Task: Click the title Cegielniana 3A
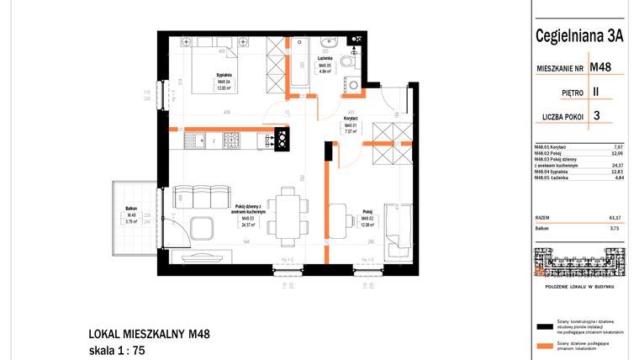click(x=580, y=36)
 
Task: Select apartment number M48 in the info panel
click(x=600, y=66)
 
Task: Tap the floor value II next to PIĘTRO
click(x=596, y=91)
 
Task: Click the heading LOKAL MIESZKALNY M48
click(x=148, y=334)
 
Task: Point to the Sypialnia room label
click(x=224, y=76)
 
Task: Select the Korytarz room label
click(x=351, y=119)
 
